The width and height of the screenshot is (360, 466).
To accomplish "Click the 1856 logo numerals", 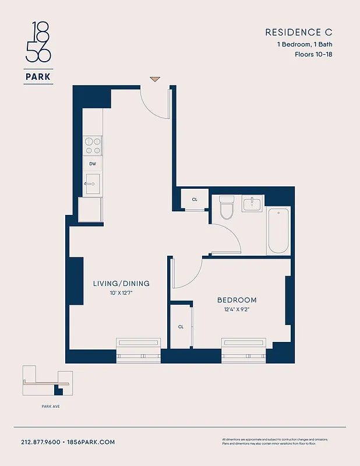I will coord(38,42).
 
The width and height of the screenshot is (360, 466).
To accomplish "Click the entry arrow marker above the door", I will coord(154,79).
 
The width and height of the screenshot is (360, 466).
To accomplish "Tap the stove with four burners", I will coord(93,144).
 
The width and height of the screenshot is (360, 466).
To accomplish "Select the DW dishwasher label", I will coord(93,164).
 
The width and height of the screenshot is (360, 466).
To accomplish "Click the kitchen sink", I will coord(93,183).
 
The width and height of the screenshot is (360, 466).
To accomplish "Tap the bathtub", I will coord(278,230).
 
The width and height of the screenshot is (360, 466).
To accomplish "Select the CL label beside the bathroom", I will coord(195,200).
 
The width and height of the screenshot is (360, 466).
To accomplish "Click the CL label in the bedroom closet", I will coord(181,327).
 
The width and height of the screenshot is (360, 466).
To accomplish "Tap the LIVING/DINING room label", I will coord(121,284).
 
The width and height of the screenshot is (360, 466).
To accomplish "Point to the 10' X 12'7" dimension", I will coord(121,294).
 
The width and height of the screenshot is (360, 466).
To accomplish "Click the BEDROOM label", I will coord(237,300).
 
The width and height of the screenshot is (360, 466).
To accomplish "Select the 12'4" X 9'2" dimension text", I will coord(237,310).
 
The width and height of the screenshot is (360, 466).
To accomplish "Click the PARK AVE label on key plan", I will coord(43,406).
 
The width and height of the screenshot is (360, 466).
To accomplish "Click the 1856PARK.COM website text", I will coord(92,442).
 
